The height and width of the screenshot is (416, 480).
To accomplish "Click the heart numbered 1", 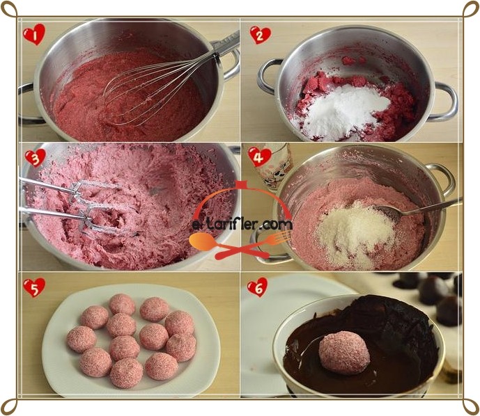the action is (34, 34).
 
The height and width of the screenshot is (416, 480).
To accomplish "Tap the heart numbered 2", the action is (261, 35).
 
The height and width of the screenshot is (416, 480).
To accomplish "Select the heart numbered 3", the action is (36, 158).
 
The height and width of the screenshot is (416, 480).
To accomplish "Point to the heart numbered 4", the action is (260, 157).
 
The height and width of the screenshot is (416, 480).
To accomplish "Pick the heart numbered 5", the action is (34, 287).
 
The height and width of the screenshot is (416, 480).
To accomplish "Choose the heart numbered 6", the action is (258, 287).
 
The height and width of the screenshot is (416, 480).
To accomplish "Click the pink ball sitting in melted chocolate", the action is (344, 353).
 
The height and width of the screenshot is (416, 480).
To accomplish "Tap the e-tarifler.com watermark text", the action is (242, 225).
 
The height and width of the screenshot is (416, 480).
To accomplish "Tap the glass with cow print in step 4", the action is (274, 166).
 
